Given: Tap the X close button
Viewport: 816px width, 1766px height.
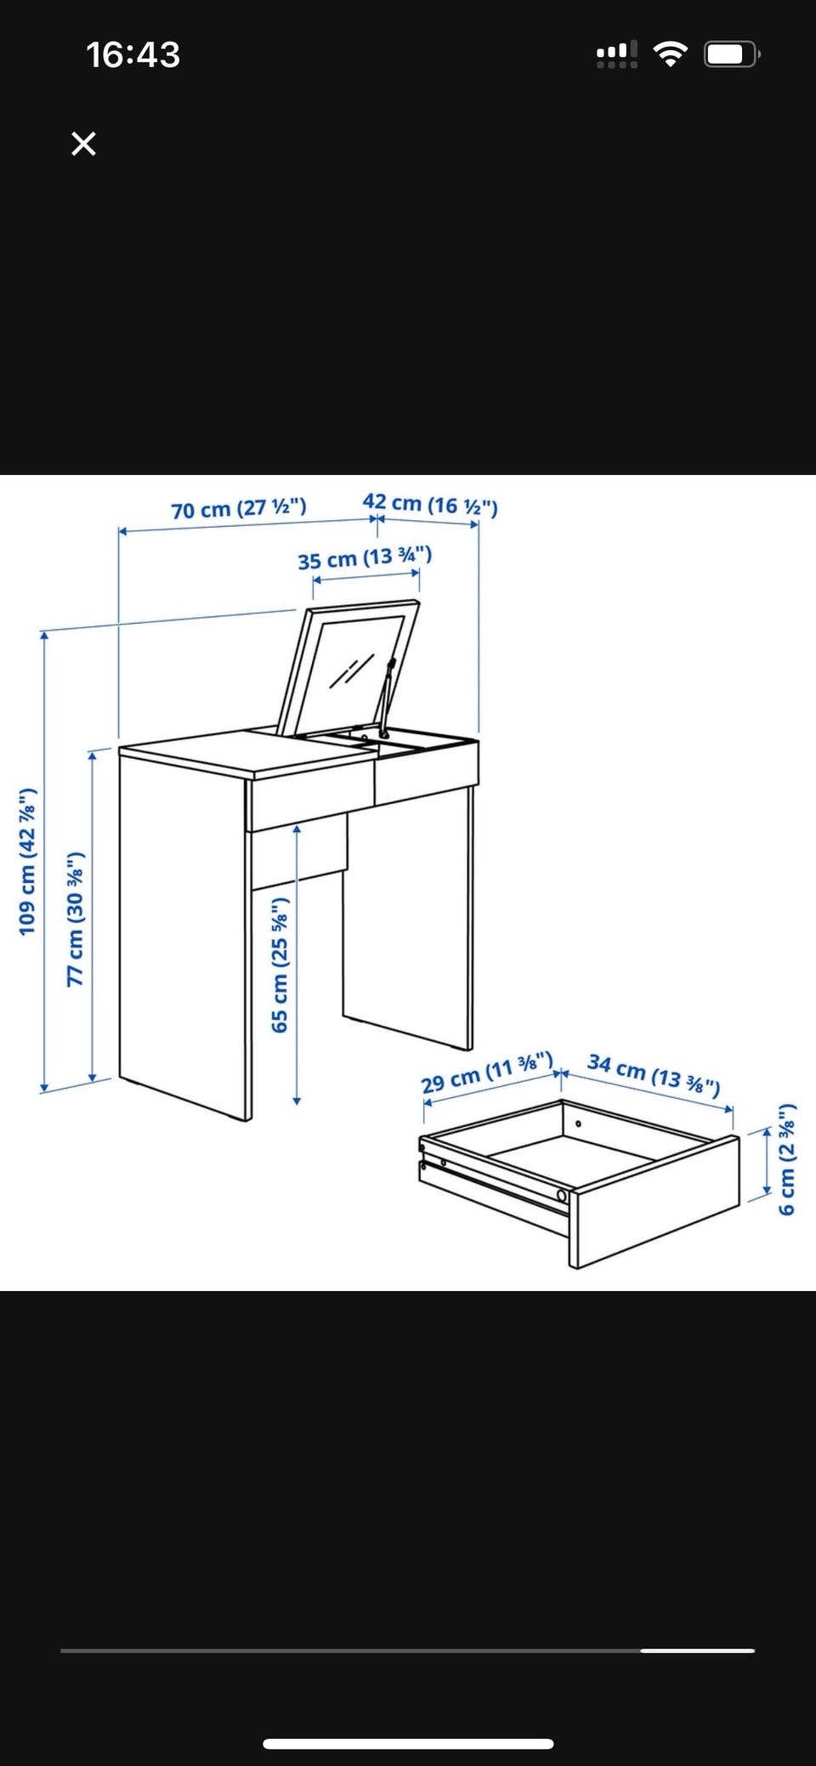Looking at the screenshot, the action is tap(83, 144).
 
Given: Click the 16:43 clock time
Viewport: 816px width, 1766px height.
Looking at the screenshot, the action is tap(133, 55).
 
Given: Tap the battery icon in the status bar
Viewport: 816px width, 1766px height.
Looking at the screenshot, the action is tap(732, 55).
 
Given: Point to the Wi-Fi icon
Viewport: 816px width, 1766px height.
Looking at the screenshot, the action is tap(671, 55).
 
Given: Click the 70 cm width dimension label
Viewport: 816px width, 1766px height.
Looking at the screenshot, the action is tap(239, 508).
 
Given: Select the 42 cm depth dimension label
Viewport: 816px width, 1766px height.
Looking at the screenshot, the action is tap(430, 504).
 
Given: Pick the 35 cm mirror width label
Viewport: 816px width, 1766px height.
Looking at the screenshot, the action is tap(365, 558).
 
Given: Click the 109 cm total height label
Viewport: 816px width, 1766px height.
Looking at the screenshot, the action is tap(28, 862).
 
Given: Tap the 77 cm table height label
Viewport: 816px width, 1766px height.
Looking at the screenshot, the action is tap(76, 919).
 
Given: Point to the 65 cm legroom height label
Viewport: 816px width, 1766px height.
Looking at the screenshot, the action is tap(280, 965).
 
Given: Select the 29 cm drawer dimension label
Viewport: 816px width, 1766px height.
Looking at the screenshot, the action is tap(488, 1073).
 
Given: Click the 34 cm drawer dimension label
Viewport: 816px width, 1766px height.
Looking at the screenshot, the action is tap(654, 1075).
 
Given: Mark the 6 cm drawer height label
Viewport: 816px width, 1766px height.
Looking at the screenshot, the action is tap(787, 1158).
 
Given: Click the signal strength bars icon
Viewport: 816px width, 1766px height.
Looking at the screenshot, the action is tap(617, 55).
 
